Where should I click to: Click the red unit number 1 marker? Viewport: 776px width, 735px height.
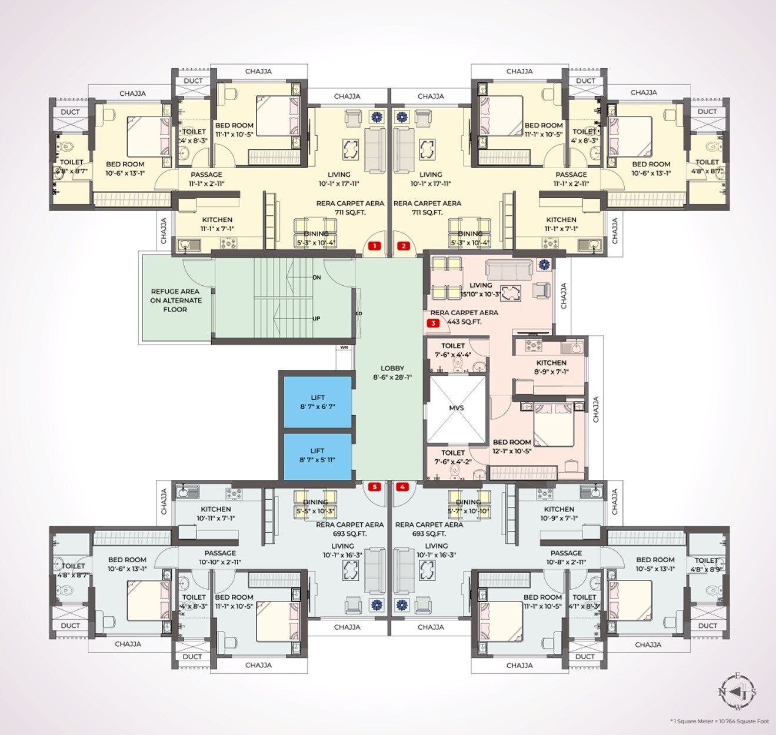tap(374, 246)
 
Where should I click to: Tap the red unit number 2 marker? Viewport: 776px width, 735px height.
tap(403, 246)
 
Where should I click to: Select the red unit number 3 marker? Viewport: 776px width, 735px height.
tap(434, 323)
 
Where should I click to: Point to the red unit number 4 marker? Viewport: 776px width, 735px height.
tap(402, 487)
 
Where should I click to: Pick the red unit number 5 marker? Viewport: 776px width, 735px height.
tap(374, 487)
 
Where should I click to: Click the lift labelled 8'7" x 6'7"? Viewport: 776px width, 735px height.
tap(318, 402)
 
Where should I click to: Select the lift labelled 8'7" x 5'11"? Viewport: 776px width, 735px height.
tap(318, 456)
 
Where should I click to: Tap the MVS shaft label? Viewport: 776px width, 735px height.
tap(457, 407)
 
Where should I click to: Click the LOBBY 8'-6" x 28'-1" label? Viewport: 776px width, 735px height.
tap(392, 373)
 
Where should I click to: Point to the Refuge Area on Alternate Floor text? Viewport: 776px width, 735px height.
tap(175, 300)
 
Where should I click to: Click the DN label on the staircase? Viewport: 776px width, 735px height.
tap(317, 278)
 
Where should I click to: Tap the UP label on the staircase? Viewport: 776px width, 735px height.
tap(317, 319)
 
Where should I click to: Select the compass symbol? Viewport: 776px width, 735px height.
tap(737, 691)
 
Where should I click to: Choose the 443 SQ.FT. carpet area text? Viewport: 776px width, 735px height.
tap(464, 322)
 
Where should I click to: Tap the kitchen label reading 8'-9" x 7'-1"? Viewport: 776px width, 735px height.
tap(551, 367)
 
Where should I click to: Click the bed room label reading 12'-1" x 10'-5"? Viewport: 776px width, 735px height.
tap(512, 447)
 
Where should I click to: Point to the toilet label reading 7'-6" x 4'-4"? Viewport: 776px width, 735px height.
tap(453, 350)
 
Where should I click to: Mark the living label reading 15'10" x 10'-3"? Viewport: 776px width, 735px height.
tap(481, 290)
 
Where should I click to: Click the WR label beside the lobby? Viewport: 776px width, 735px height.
tap(344, 348)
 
